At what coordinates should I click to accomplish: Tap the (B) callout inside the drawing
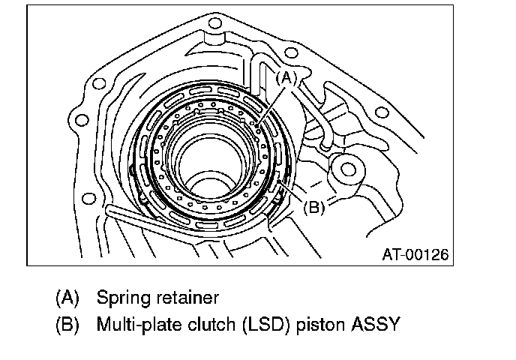(313, 207)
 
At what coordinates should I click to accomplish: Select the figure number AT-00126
(415, 254)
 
